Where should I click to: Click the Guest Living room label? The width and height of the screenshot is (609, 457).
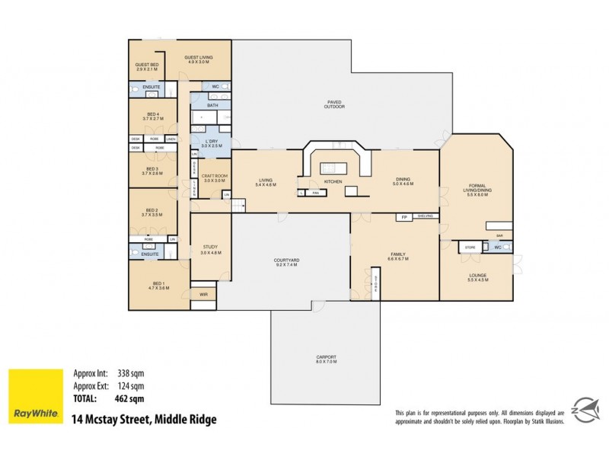click(200, 59)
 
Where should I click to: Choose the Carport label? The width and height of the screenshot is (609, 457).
click(326, 359)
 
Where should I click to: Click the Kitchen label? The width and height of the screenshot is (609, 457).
click(333, 182)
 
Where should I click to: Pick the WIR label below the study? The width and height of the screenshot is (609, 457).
click(203, 294)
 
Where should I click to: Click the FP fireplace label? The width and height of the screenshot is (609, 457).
click(404, 217)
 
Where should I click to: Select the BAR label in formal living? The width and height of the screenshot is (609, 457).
click(499, 236)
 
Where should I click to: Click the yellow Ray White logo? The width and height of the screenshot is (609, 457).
click(34, 395)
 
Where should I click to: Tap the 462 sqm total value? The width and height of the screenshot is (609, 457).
click(130, 398)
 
